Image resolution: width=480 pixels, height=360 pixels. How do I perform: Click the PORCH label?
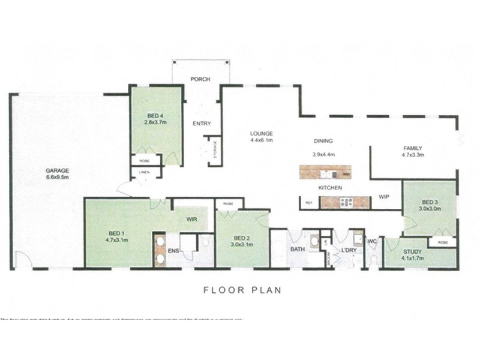(200, 79)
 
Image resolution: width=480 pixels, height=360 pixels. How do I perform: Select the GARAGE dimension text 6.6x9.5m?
(57, 177)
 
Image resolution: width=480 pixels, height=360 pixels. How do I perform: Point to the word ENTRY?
(201, 124)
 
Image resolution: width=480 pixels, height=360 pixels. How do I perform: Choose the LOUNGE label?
(262, 133)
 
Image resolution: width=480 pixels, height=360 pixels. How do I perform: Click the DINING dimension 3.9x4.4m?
(323, 154)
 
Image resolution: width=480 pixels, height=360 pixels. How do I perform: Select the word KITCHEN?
(330, 188)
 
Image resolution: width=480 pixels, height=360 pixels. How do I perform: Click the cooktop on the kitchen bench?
(346, 203)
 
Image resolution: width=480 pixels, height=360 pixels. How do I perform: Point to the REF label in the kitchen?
(309, 203)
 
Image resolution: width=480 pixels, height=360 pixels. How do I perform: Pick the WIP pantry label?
(384, 197)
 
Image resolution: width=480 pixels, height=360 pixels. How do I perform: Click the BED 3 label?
(430, 202)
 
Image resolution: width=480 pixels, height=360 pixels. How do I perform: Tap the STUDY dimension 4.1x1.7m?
(413, 259)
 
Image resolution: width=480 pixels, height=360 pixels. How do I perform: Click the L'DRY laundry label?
(349, 250)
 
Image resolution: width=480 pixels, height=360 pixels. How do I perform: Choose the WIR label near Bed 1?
(192, 220)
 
